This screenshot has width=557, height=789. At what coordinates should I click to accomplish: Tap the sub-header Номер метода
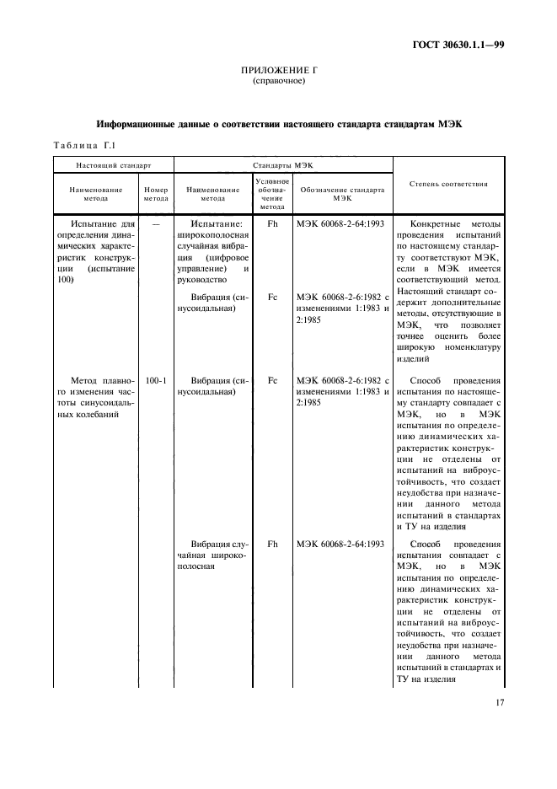point(156,194)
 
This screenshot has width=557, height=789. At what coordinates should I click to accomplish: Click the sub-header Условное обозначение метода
point(272,194)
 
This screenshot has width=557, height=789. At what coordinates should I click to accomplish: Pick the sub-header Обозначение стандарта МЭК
point(341,194)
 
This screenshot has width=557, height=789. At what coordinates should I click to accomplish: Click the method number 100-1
point(156,380)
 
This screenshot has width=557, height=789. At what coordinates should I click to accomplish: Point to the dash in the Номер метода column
point(156,225)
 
